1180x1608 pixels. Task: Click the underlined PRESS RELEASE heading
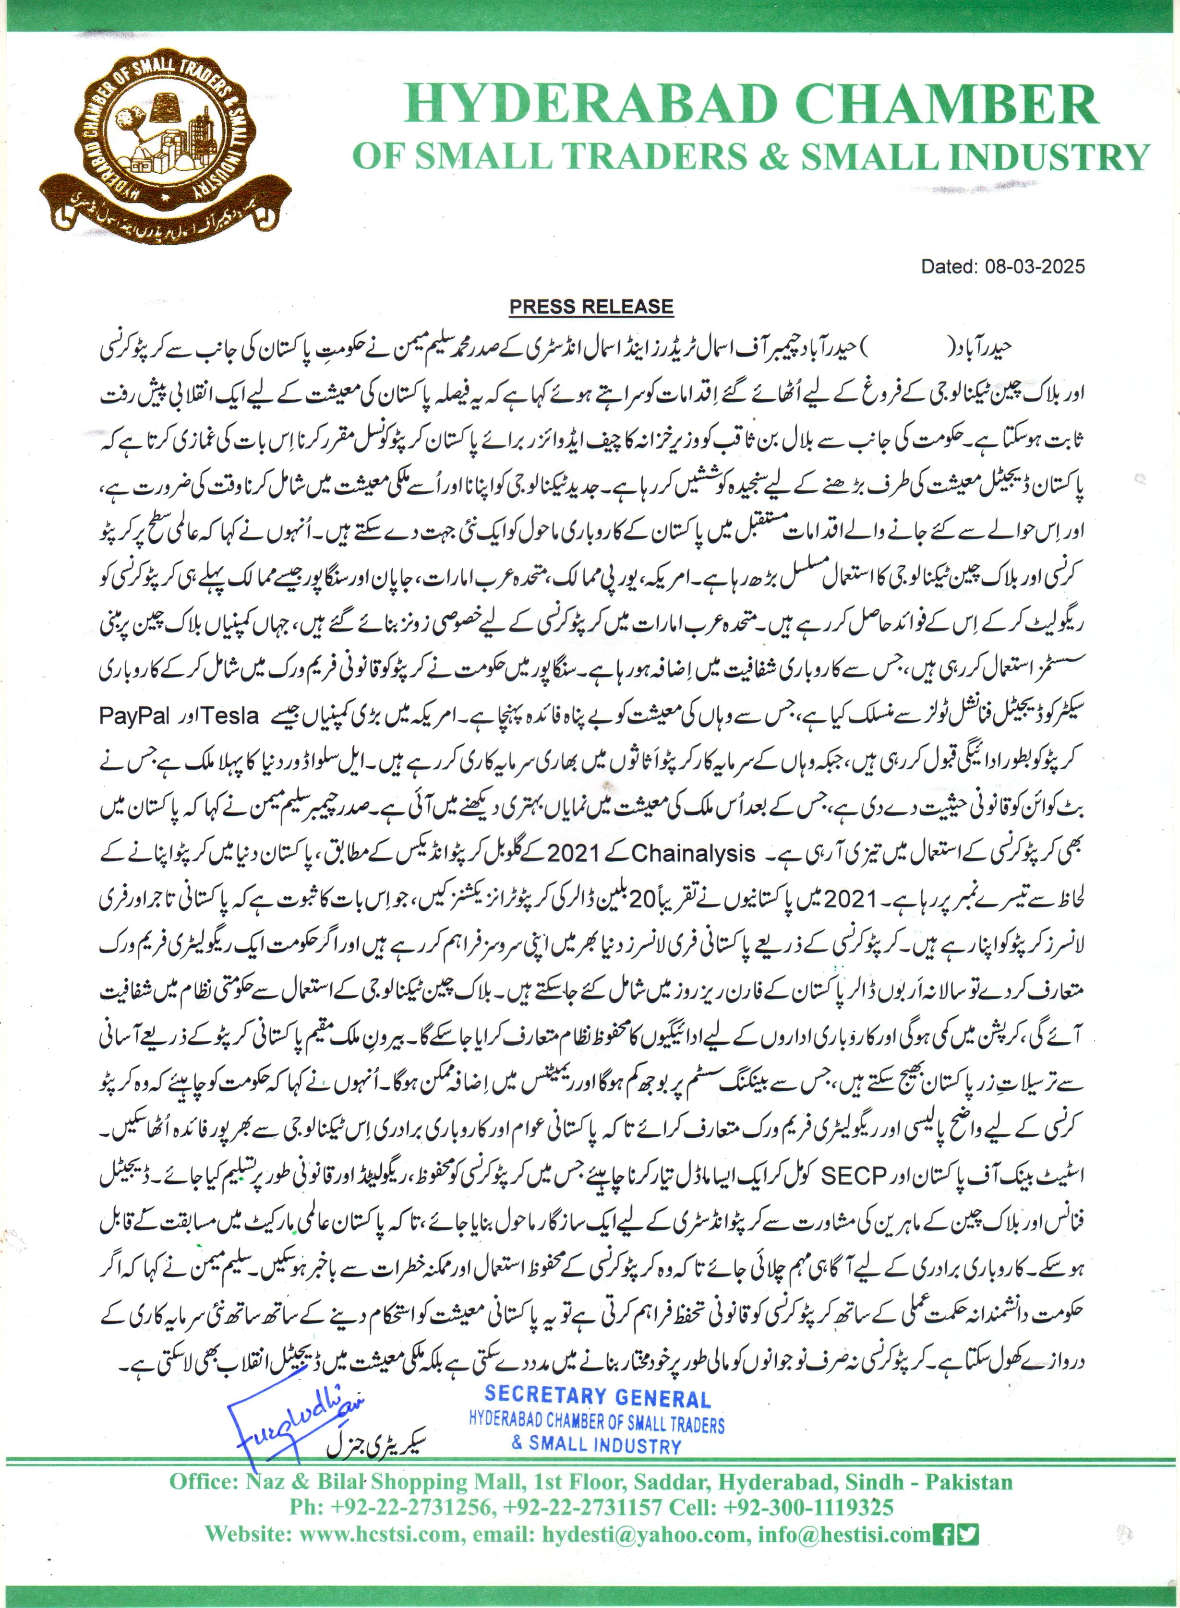590,307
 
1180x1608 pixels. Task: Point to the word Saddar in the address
669,1482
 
